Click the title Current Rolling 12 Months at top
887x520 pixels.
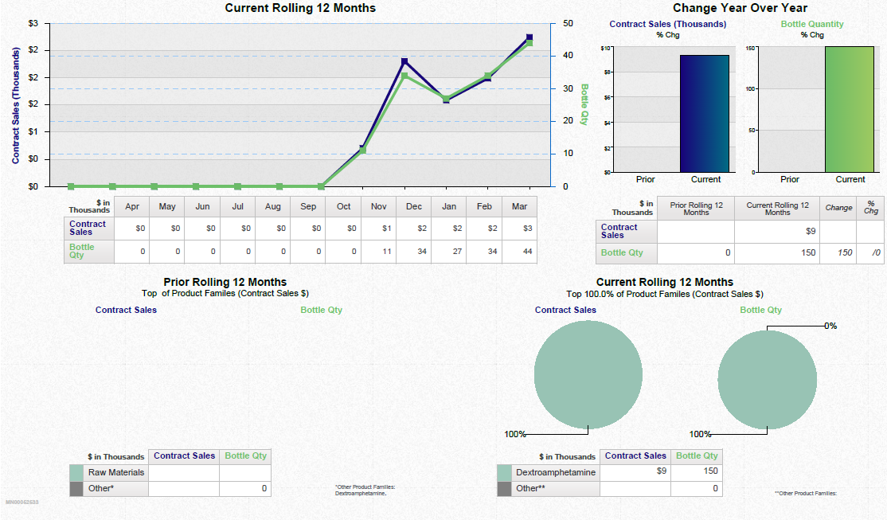coord(300,8)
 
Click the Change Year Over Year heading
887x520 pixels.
coord(740,8)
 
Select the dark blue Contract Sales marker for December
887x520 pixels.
coord(404,61)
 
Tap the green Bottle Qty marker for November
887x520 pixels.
coord(362,151)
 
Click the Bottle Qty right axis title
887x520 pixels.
coord(584,104)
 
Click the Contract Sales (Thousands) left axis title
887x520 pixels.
coord(16,105)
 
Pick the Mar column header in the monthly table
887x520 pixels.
coord(519,206)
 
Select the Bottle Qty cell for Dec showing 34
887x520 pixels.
coord(414,252)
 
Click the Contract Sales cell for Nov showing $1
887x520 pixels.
coord(379,229)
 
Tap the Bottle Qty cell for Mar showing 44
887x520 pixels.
coord(519,252)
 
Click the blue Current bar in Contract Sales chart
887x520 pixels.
coord(704,113)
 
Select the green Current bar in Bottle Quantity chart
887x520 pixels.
coord(850,109)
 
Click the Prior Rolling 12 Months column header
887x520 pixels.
coord(696,209)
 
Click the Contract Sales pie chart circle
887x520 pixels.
coord(588,377)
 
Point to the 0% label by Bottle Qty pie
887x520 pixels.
coord(830,326)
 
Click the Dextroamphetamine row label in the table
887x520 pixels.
coord(556,472)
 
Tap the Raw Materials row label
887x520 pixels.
coord(116,472)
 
